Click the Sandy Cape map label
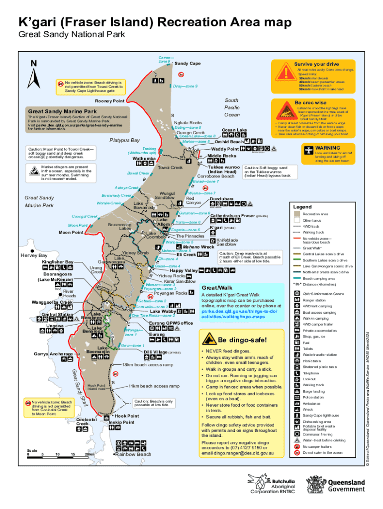tap(188, 64)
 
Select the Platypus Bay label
tap(124, 140)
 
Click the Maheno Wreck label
tap(198, 247)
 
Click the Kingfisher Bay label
tap(58, 261)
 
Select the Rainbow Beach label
tap(134, 454)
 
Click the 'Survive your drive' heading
tap(316, 64)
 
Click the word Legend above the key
tap(302, 207)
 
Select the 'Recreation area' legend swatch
tap(296, 214)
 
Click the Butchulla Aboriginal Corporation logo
tap(272, 485)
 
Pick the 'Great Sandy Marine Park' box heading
tap(62, 111)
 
